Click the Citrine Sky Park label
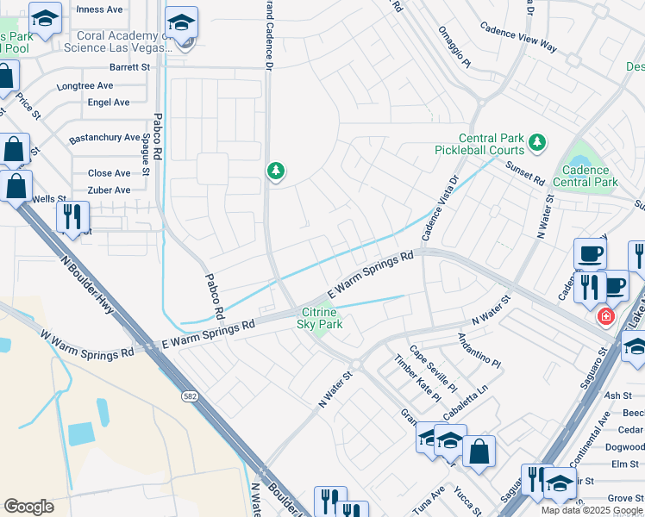(320, 318)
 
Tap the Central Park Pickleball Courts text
(479, 144)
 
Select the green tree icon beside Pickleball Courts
(537, 141)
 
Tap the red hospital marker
(606, 317)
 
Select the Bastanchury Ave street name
(104, 138)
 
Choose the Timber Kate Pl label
(417, 378)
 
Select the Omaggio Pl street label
(454, 52)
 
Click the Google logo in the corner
(28, 507)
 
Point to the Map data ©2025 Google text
(592, 510)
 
